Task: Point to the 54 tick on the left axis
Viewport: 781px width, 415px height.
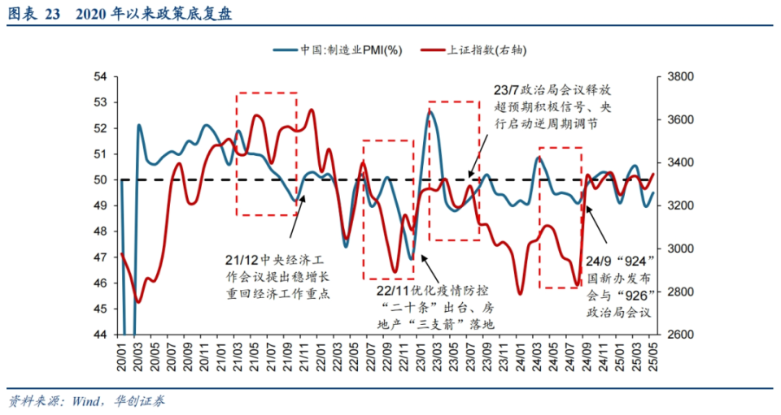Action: click(x=101, y=76)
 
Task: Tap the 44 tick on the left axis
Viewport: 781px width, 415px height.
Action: click(x=101, y=335)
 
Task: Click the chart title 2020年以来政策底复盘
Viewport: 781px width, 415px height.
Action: click(x=155, y=13)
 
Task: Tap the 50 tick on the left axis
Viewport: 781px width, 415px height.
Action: click(x=101, y=179)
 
